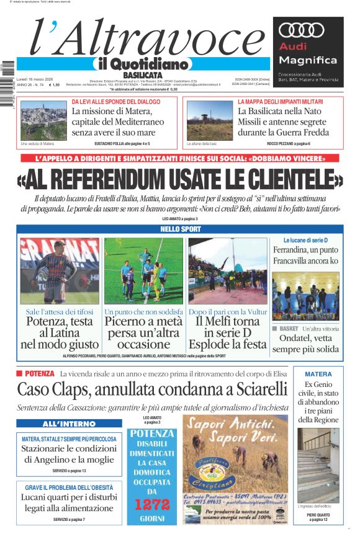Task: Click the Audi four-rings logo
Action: (302, 30)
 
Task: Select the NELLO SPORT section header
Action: (179, 229)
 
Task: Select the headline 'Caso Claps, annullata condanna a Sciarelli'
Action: (152, 389)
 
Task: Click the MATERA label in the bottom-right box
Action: (318, 374)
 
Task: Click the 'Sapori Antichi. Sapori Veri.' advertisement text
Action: (235, 432)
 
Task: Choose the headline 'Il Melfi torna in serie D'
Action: (228, 332)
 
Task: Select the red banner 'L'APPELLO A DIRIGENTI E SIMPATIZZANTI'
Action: (179, 159)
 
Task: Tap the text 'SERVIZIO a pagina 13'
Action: (69, 471)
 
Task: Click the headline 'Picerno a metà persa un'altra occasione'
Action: (144, 332)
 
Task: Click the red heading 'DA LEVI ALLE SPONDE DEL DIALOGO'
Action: (116, 102)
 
